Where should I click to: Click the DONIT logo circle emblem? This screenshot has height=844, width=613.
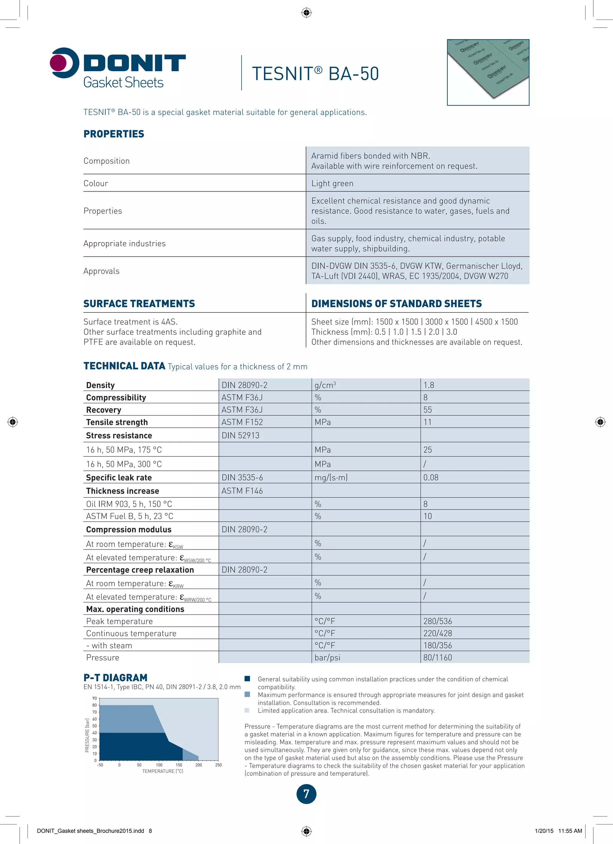tap(64, 63)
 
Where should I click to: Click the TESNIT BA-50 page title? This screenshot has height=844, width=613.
tap(315, 74)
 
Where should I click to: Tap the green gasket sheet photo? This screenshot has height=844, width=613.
tap(488, 72)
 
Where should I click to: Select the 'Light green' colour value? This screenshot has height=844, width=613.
tap(332, 183)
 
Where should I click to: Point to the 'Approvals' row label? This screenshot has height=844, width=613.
tap(101, 271)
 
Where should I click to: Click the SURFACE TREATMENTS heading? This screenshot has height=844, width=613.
tap(139, 304)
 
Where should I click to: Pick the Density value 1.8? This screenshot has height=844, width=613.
tap(428, 385)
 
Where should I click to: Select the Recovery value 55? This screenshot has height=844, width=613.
tap(427, 410)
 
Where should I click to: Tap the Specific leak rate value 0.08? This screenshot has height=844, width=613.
tap(431, 477)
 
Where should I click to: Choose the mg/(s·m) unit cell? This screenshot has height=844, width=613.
tap(331, 477)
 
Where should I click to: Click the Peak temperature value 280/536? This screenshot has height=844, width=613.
tap(437, 621)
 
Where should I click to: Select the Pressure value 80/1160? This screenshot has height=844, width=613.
tap(437, 658)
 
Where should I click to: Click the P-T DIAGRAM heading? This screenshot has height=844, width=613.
tap(115, 678)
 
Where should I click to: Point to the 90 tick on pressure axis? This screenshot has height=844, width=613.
tap(95, 698)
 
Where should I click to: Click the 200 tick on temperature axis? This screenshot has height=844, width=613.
tap(198, 765)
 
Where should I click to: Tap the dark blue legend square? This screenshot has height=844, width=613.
tap(247, 678)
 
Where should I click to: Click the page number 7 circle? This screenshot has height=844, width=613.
tap(306, 794)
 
